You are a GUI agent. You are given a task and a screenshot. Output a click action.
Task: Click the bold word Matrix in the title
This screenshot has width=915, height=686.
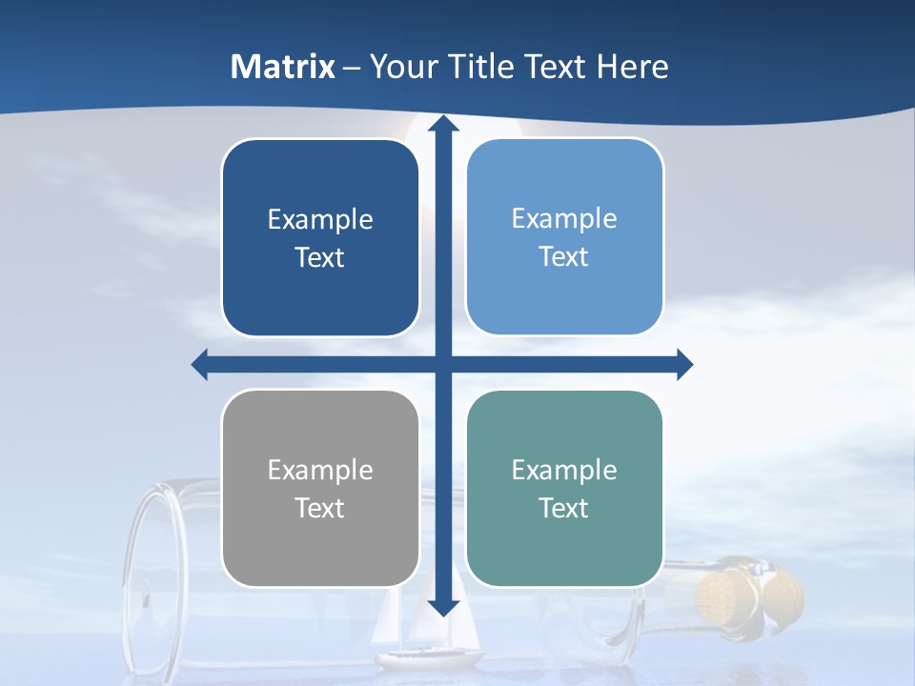click(x=283, y=67)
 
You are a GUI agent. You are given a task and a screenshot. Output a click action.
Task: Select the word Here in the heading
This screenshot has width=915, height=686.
click(x=632, y=67)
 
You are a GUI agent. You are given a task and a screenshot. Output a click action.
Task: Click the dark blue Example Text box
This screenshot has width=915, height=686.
click(x=320, y=238)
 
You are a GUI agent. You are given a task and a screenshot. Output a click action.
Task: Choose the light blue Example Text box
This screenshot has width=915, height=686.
click(x=564, y=237)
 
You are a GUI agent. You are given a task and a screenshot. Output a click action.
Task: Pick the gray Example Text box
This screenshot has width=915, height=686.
click(x=320, y=489)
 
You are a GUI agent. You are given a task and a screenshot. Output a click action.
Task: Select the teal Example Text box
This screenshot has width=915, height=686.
click(x=564, y=489)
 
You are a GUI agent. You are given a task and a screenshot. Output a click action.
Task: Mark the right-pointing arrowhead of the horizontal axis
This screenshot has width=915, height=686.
click(x=684, y=365)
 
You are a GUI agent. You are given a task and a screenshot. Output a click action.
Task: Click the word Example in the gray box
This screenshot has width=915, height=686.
click(x=320, y=470)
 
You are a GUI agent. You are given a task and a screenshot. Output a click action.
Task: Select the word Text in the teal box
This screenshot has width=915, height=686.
click(x=564, y=509)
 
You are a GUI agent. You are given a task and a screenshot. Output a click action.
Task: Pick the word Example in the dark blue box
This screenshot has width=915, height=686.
click(x=320, y=220)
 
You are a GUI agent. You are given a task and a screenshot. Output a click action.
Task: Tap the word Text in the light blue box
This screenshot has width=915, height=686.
click(x=564, y=257)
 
